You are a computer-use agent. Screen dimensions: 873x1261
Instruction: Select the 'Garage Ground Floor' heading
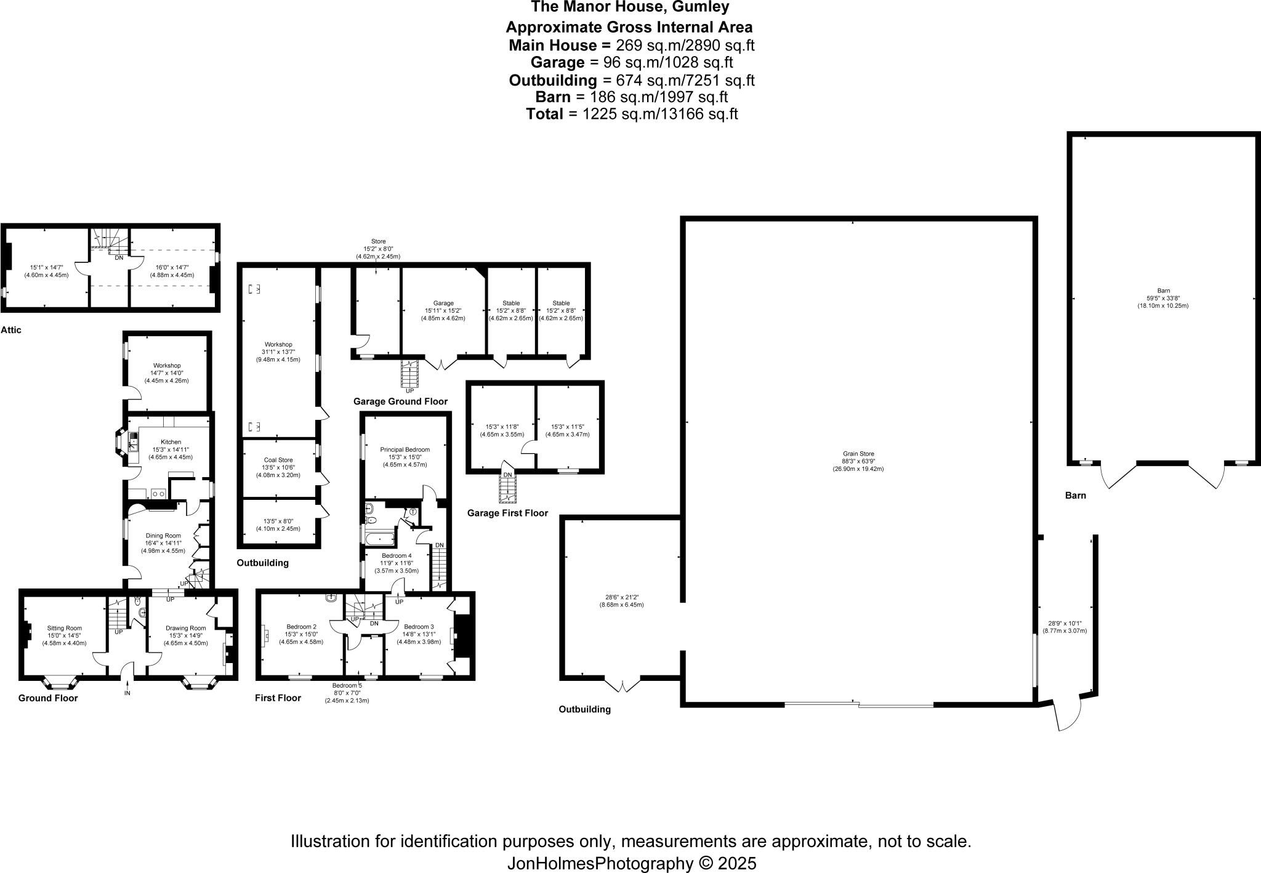[400, 401]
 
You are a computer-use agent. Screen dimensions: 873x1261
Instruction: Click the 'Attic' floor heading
[11, 330]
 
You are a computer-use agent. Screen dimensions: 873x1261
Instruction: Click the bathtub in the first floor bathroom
[381, 539]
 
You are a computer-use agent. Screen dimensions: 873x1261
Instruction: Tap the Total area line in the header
[631, 114]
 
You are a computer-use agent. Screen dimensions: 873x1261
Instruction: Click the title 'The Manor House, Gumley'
[630, 7]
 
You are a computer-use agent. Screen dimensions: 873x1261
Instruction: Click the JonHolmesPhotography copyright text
[631, 863]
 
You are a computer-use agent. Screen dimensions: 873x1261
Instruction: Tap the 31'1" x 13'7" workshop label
[278, 352]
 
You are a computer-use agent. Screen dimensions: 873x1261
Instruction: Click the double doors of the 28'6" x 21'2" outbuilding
[623, 685]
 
